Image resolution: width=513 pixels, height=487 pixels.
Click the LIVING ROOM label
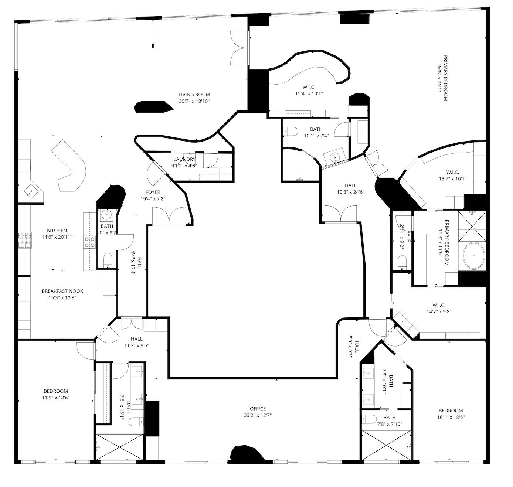point(194,95)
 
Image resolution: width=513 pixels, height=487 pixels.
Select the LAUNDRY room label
point(184,159)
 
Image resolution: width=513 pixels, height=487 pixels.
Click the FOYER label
point(153,192)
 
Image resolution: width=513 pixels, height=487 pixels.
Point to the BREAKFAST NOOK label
point(62,291)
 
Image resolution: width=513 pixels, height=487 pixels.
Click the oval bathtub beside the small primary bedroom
point(473,256)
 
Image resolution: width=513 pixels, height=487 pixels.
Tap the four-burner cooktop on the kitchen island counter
point(89,242)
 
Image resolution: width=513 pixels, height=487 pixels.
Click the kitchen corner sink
point(31,192)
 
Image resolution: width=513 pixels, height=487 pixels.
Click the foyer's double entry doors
point(169,216)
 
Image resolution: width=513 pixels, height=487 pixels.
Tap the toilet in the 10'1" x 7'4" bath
point(291,131)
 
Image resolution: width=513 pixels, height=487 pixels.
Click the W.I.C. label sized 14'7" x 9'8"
point(439,305)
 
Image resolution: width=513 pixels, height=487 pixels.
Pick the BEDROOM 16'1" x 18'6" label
point(451,411)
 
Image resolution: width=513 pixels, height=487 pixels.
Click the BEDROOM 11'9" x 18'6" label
point(56,391)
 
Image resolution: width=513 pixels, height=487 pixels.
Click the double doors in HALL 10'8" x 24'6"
point(340,214)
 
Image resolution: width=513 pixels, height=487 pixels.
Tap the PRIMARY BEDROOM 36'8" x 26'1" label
point(445,78)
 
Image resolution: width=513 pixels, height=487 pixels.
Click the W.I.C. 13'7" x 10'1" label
point(452,172)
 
